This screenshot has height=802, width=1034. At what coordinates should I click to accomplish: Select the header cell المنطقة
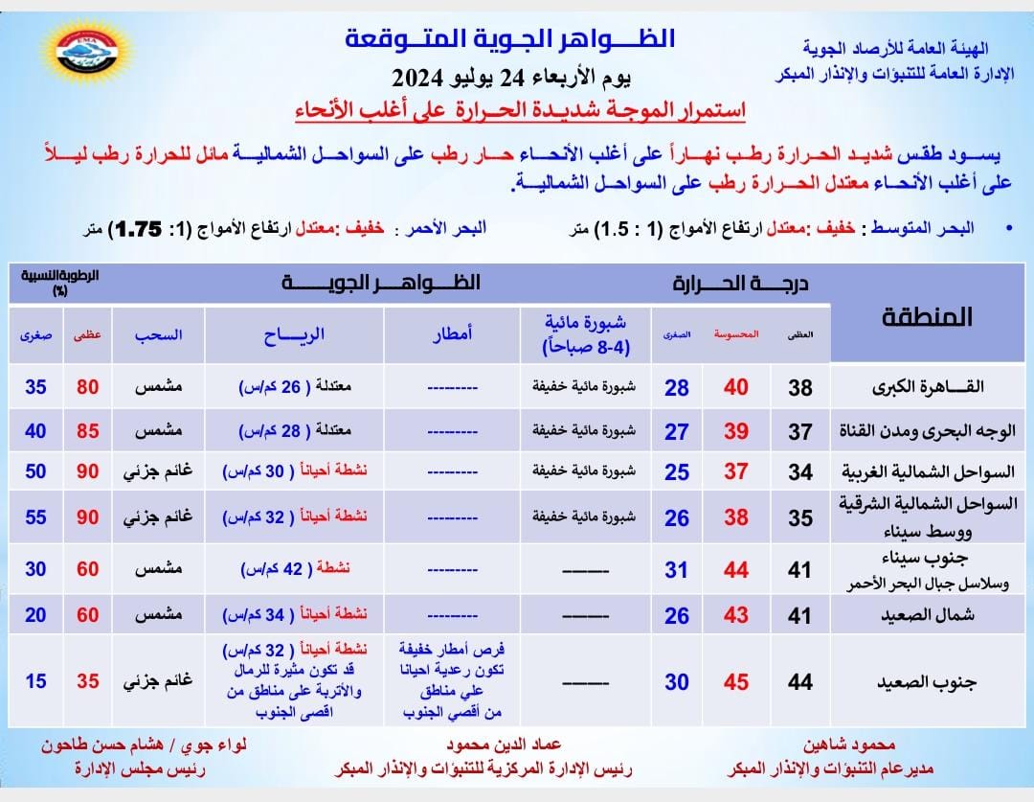pyautogui.click(x=924, y=317)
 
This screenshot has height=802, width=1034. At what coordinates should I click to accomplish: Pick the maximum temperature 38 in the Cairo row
pyautogui.click(x=800, y=387)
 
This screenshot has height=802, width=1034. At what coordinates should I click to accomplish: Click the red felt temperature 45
pyautogui.click(x=735, y=682)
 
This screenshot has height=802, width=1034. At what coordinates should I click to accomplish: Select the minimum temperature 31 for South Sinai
pyautogui.click(x=676, y=570)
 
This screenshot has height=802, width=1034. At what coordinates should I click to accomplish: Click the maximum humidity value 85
pyautogui.click(x=88, y=431)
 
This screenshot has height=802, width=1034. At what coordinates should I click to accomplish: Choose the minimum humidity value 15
pyautogui.click(x=35, y=682)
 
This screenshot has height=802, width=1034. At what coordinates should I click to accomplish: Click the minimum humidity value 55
pyautogui.click(x=35, y=517)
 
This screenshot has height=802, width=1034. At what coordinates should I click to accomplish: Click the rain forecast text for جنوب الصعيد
pyautogui.click(x=451, y=682)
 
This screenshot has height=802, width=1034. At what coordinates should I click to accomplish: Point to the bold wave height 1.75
pyautogui.click(x=137, y=228)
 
